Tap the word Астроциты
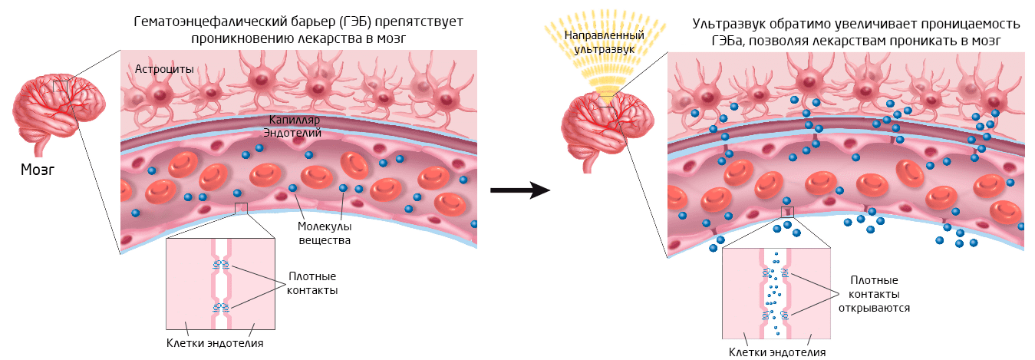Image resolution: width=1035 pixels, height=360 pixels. click(164, 69)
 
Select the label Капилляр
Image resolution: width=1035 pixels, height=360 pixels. click(295, 121)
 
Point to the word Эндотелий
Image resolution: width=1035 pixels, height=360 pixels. click(292, 133)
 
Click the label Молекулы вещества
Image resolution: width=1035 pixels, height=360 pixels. click(325, 233)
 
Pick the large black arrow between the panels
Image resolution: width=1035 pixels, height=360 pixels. click(520, 190)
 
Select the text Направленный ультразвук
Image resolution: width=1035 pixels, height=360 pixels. click(599, 42)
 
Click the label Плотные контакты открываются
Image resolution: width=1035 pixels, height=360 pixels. click(874, 294)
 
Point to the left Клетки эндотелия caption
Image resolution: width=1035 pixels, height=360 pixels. click(215, 343)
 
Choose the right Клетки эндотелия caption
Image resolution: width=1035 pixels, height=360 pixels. click(776, 352)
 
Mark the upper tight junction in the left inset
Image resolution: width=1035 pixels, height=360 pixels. click(222, 266)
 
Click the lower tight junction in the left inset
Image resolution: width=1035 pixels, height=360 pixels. click(222, 308)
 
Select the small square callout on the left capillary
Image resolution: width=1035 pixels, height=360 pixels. click(242, 208)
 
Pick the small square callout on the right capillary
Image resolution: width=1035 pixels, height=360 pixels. click(786, 212)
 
